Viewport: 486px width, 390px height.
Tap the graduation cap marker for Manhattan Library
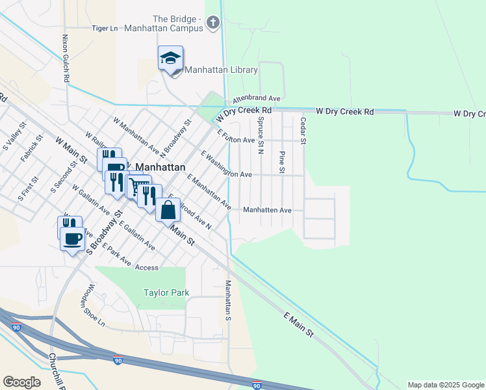170,59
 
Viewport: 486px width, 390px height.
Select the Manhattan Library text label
222,70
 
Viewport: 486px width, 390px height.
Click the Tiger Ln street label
105,29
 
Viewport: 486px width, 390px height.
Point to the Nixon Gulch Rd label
66,58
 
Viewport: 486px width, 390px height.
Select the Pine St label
282,162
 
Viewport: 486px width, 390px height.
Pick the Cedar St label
303,131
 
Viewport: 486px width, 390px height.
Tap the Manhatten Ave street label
267,211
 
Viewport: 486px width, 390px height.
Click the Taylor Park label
166,292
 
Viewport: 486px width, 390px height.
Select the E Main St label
299,324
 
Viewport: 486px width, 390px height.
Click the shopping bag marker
168,210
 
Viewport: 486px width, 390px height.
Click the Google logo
21,382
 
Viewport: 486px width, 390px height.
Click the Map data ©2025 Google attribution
446,385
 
